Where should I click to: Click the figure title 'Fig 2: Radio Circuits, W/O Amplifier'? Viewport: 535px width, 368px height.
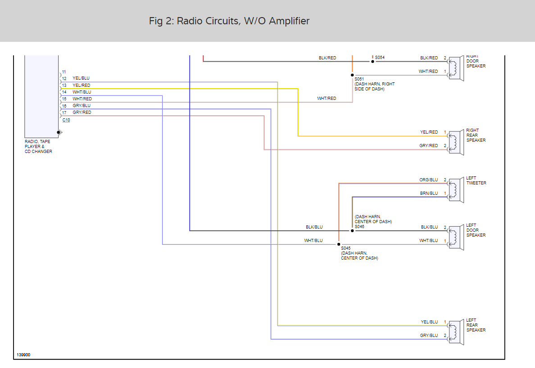click(229, 21)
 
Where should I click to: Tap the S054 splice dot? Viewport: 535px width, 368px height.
click(372, 61)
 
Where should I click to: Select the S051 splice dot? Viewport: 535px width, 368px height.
click(352, 75)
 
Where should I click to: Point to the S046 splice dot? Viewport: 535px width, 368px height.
click(352, 230)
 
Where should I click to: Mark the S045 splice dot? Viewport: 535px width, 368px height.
click(338, 244)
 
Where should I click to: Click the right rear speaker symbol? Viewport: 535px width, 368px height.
click(455, 143)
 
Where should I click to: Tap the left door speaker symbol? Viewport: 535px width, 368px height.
click(455, 237)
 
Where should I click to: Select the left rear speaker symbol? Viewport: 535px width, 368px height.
click(455, 332)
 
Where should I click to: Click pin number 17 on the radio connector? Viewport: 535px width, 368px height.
click(64, 112)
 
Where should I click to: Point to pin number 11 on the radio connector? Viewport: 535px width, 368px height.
click(64, 72)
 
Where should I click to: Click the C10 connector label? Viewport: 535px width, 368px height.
click(66, 120)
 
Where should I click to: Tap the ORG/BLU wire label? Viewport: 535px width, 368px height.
click(429, 180)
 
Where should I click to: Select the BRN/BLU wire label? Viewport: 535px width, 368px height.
click(429, 193)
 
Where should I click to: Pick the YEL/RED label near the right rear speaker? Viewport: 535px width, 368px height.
click(429, 132)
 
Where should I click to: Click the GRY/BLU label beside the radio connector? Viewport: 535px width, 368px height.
click(82, 106)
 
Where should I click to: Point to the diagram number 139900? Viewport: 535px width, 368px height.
click(23, 355)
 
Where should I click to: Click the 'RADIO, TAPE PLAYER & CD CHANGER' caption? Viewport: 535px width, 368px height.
click(38, 147)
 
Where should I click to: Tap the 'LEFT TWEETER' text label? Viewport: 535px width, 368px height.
click(476, 180)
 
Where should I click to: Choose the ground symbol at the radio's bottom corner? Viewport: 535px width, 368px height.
click(59, 132)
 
